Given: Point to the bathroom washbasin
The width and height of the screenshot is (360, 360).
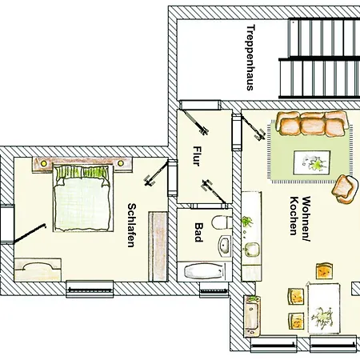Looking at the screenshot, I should click(226, 244).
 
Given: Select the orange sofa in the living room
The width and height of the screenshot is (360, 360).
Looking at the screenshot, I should click(312, 124).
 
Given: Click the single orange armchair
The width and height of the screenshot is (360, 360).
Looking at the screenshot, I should click(345, 189).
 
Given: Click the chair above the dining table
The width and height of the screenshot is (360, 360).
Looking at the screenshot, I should click(325, 272).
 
